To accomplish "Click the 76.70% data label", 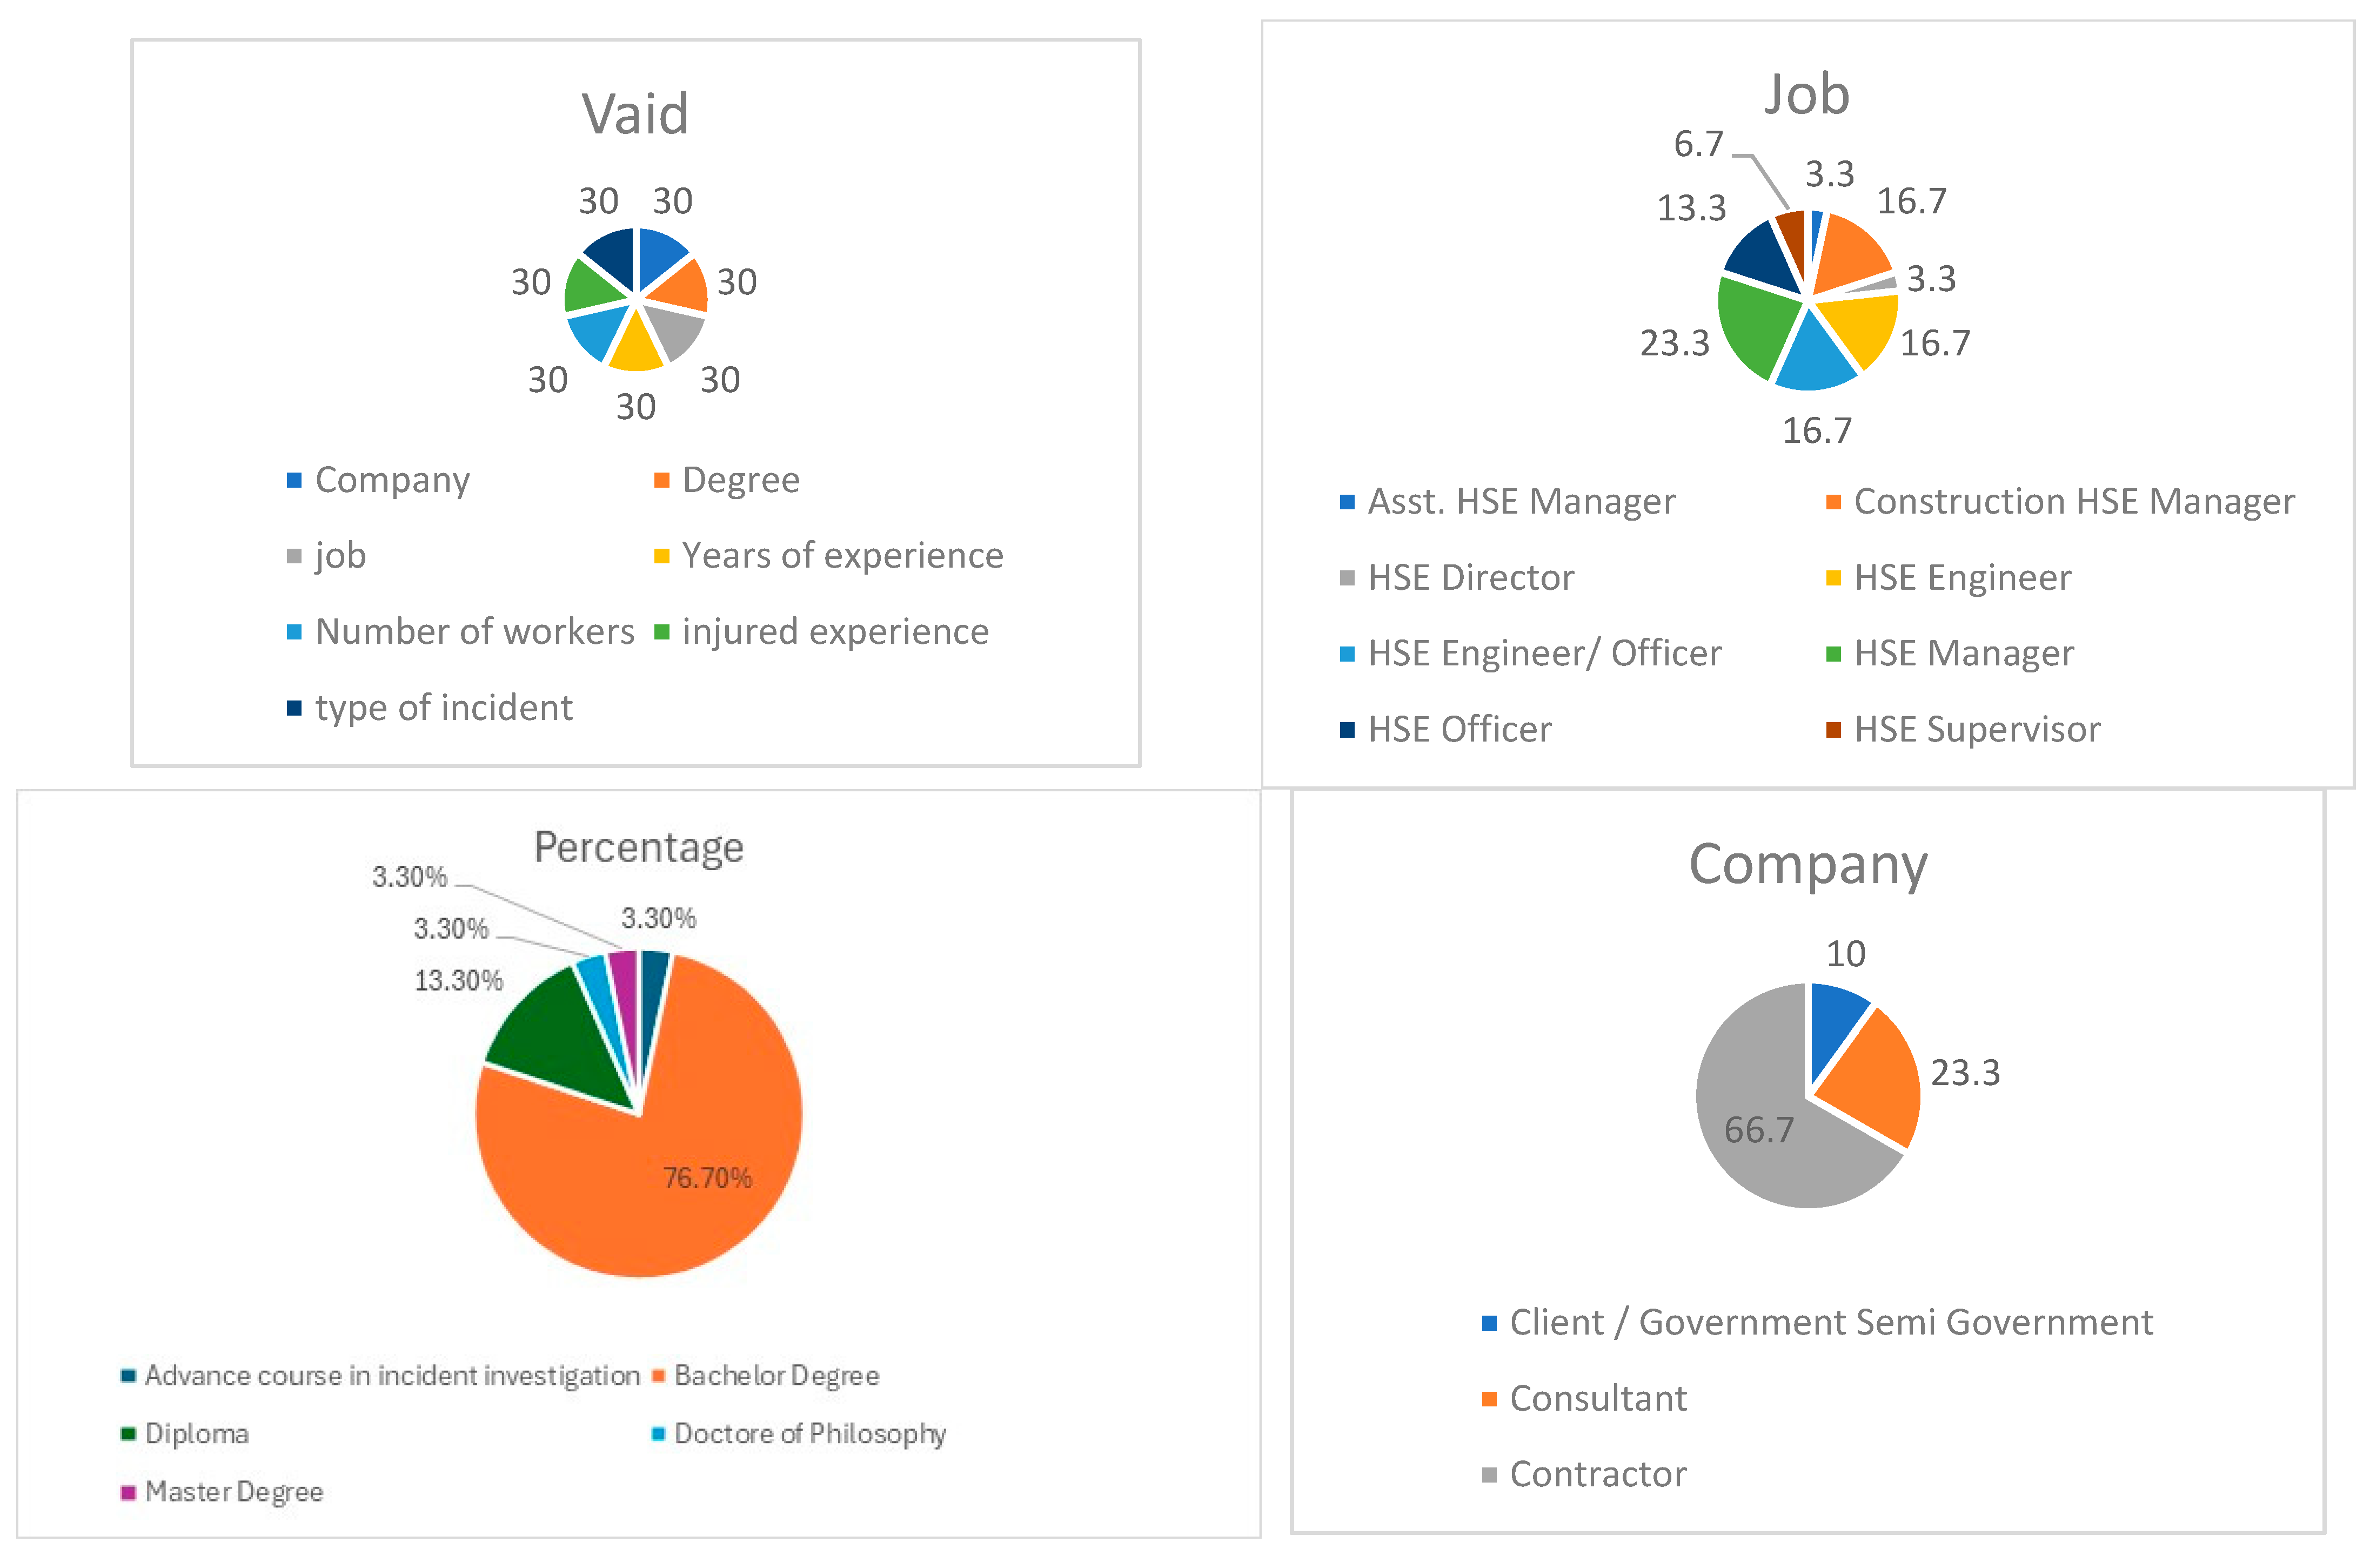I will tap(707, 1178).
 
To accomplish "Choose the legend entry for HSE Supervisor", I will tap(1977, 730).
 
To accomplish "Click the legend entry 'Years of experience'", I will tap(841, 556).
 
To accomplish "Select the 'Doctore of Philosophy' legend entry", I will tap(808, 1433).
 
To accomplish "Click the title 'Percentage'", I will tap(638, 847).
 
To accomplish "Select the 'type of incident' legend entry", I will tap(443, 708).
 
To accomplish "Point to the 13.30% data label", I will tap(458, 981).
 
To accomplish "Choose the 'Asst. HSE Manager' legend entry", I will tap(1521, 502).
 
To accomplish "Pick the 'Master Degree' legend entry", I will tap(233, 1491).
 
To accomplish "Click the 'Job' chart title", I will tap(1806, 96).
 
